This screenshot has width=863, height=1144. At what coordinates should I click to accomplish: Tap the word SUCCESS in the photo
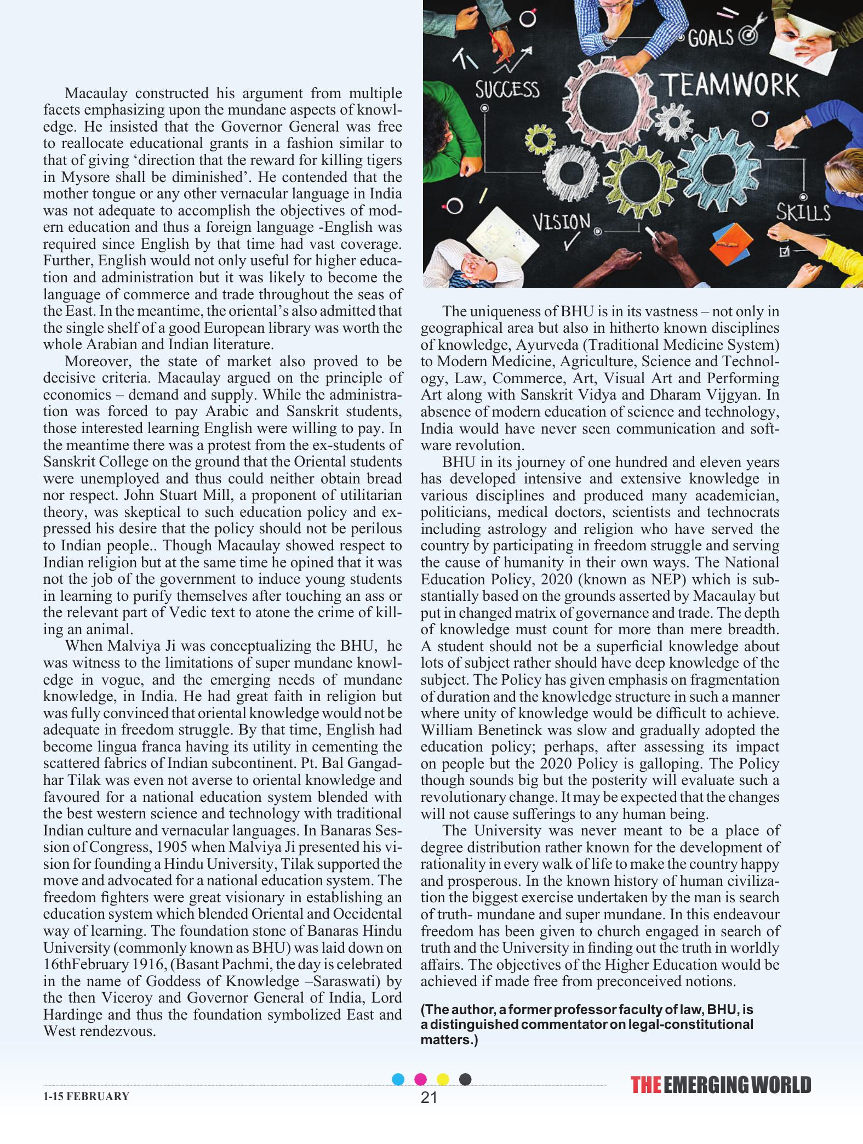(x=507, y=89)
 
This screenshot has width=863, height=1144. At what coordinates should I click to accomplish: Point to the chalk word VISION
(x=562, y=222)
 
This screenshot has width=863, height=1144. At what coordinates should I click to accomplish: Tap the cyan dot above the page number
(x=398, y=1079)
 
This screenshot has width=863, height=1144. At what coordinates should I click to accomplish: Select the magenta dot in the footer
(x=420, y=1079)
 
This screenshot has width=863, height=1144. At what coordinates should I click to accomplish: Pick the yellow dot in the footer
(x=443, y=1079)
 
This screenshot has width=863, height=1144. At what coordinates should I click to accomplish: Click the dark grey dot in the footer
(x=465, y=1079)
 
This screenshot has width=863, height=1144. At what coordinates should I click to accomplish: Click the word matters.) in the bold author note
(x=449, y=1040)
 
